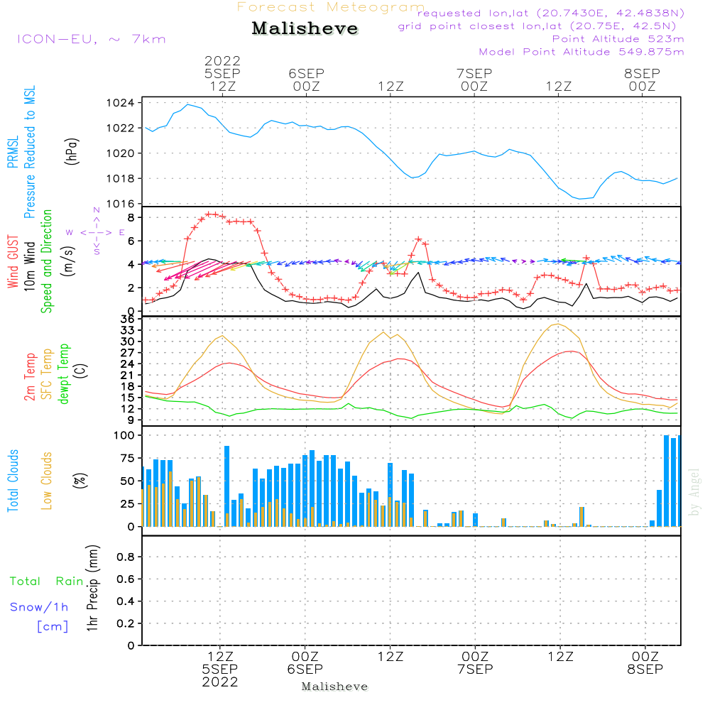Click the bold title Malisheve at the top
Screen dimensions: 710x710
click(x=305, y=29)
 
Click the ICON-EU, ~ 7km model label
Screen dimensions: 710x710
click(x=91, y=39)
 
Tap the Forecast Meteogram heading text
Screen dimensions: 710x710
click(x=331, y=7)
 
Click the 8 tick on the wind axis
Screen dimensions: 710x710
click(x=131, y=217)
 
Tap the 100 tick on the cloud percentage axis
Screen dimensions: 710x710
click(x=125, y=435)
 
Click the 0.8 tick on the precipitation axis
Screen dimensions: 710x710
click(x=126, y=557)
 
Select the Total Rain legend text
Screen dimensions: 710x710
click(x=47, y=581)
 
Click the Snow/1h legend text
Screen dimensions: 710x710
click(x=40, y=607)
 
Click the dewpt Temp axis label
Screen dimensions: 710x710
click(x=64, y=374)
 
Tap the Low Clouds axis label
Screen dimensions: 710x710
click(x=47, y=481)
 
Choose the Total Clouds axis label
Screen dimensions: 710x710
click(x=13, y=481)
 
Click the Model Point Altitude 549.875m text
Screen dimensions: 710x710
click(x=581, y=52)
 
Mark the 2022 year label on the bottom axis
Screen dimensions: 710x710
click(x=220, y=682)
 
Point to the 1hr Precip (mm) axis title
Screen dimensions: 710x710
click(x=92, y=589)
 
